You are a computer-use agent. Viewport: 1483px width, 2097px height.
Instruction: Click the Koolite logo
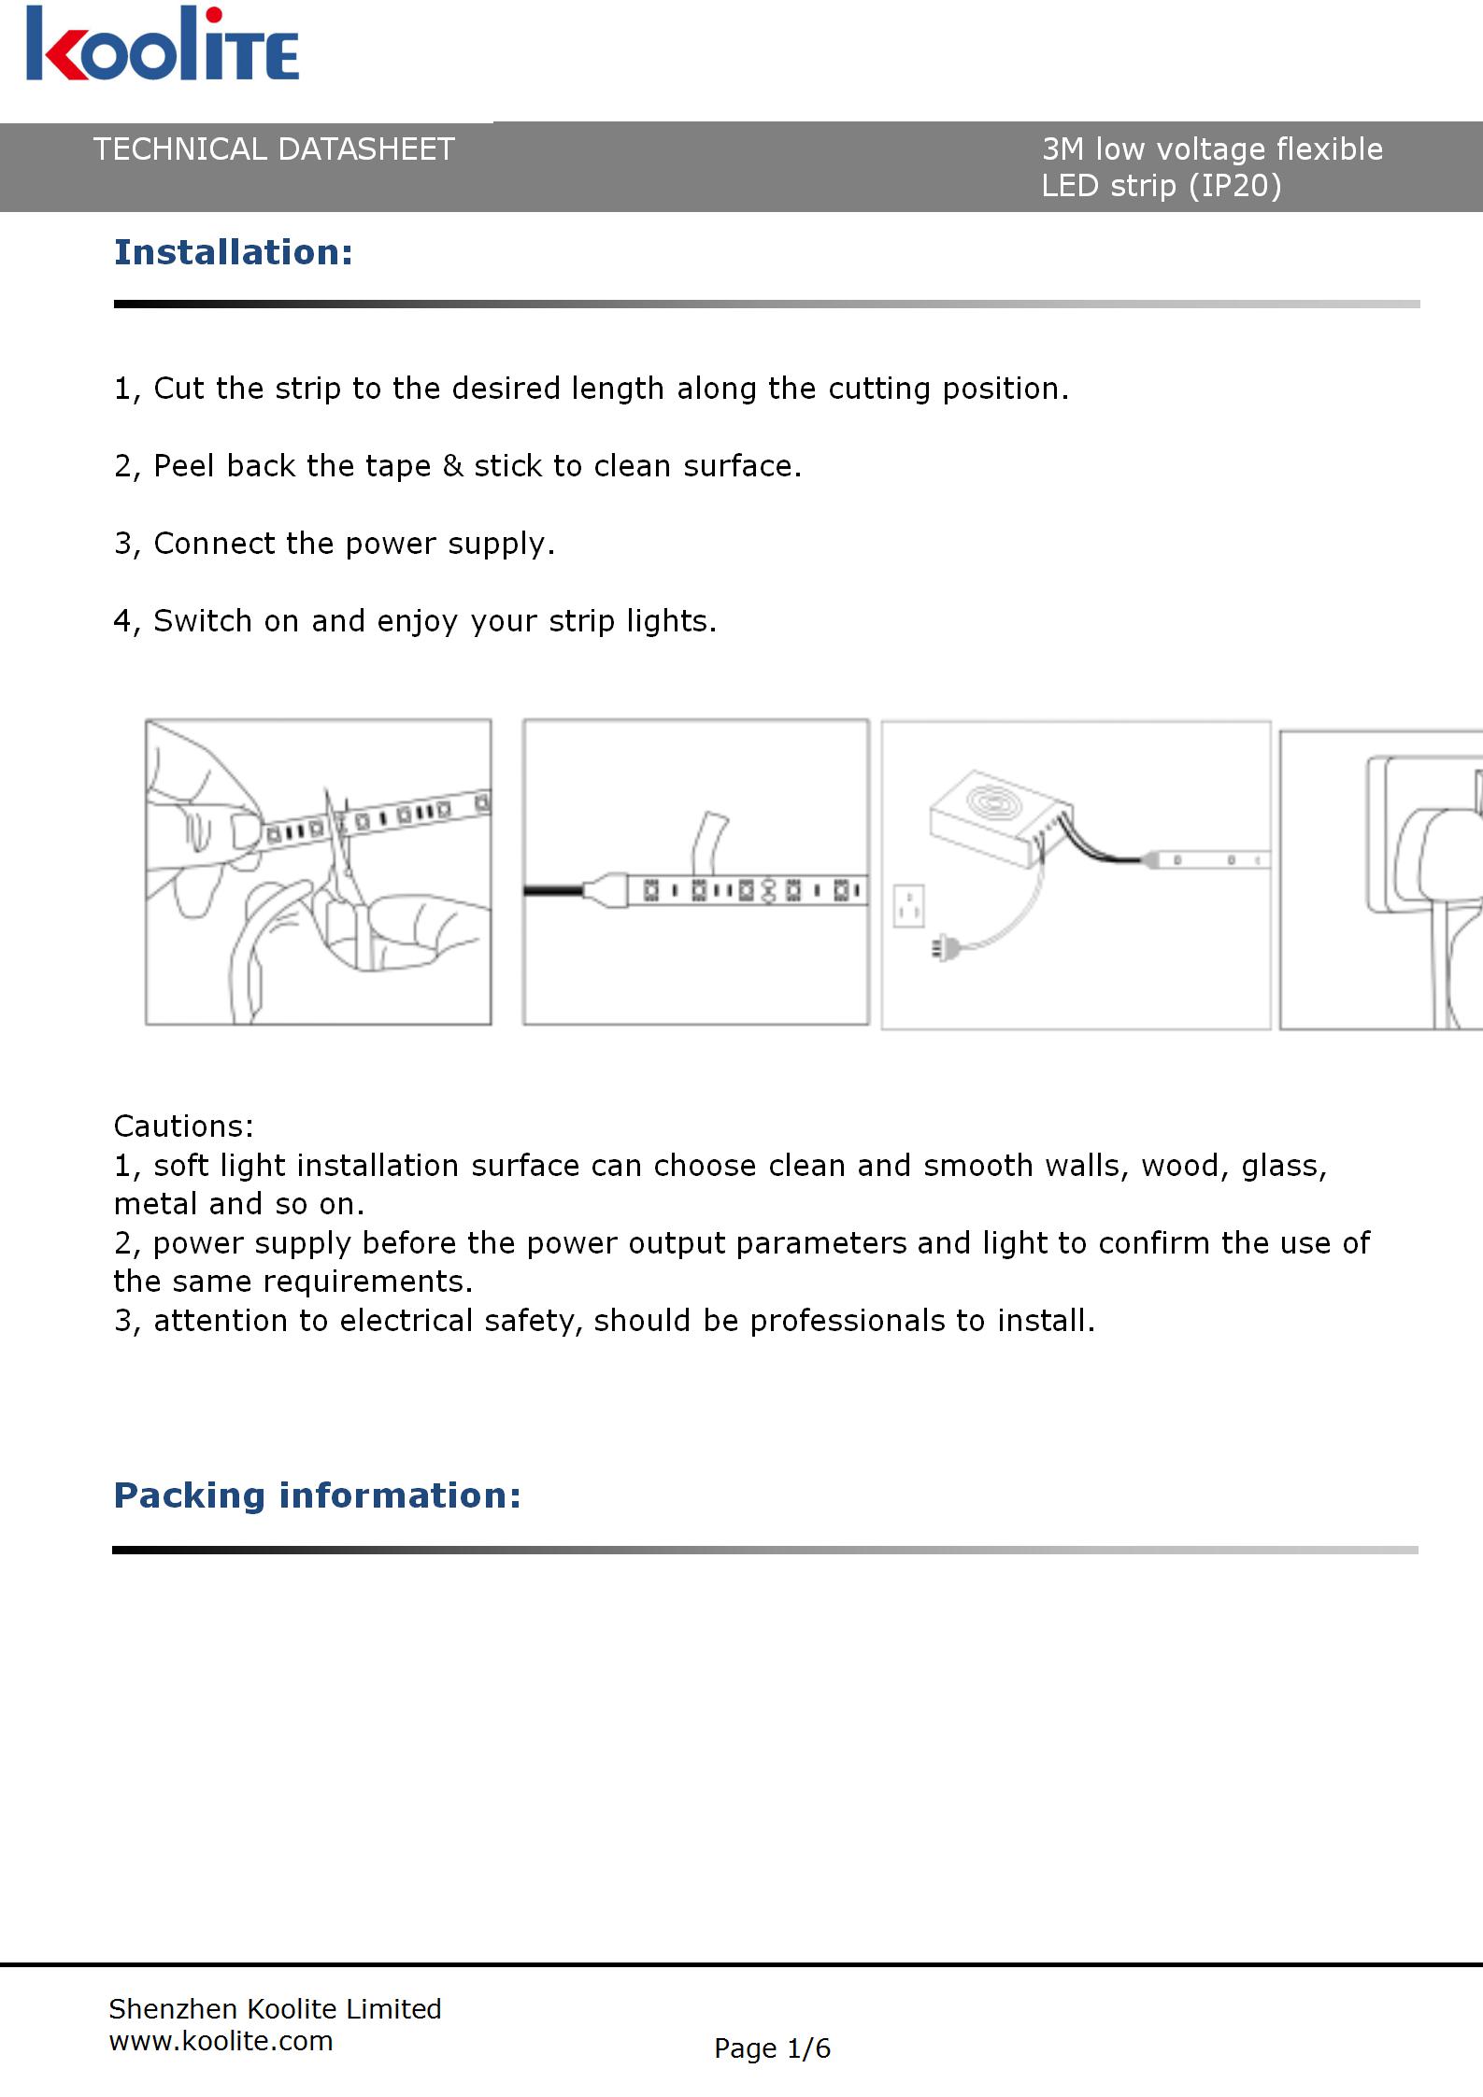[163, 45]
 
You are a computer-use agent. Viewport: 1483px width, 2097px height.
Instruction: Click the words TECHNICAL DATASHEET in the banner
[273, 149]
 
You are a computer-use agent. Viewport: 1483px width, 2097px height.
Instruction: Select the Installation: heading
[234, 252]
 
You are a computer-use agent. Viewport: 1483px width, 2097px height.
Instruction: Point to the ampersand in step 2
[452, 465]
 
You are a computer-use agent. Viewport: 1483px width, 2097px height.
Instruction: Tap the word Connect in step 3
[215, 543]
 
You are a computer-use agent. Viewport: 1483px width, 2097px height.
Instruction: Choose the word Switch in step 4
[203, 620]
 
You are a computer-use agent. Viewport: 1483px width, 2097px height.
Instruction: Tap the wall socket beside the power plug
[908, 905]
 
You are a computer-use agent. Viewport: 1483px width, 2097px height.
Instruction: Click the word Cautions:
[183, 1126]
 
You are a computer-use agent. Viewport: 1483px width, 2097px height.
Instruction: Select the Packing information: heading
[317, 1495]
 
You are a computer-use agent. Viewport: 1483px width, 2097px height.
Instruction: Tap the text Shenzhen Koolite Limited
[275, 2008]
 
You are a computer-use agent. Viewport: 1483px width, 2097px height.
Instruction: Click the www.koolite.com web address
[221, 2041]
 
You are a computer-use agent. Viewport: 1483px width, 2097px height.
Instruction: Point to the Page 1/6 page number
[772, 2048]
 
